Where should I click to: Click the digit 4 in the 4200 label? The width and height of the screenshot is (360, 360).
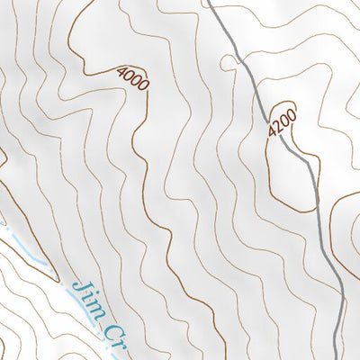point(272,132)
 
